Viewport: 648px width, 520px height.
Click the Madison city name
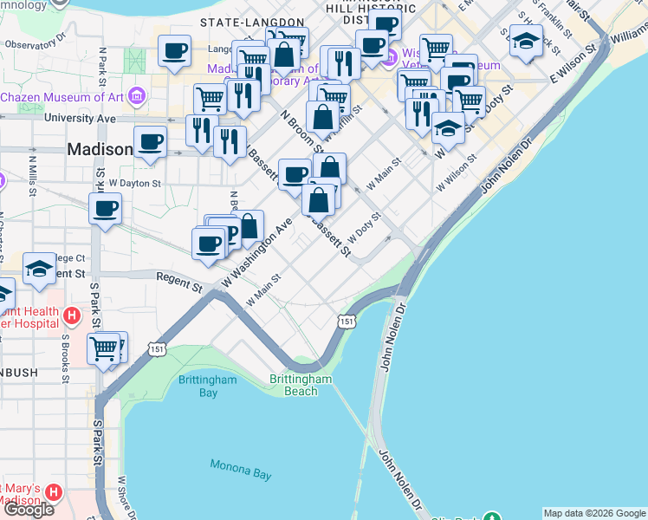coord(100,150)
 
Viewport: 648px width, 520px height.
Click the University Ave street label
coord(80,118)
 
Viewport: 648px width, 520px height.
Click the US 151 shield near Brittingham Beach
coord(347,322)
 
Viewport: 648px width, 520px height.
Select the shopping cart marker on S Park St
coord(104,348)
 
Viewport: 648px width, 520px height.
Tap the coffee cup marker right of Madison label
coord(150,141)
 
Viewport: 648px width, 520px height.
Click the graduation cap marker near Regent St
coord(39,269)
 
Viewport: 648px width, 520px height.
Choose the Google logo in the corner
coord(29,509)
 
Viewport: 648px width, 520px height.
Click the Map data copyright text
coord(594,513)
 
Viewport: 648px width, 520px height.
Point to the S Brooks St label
coord(64,354)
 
